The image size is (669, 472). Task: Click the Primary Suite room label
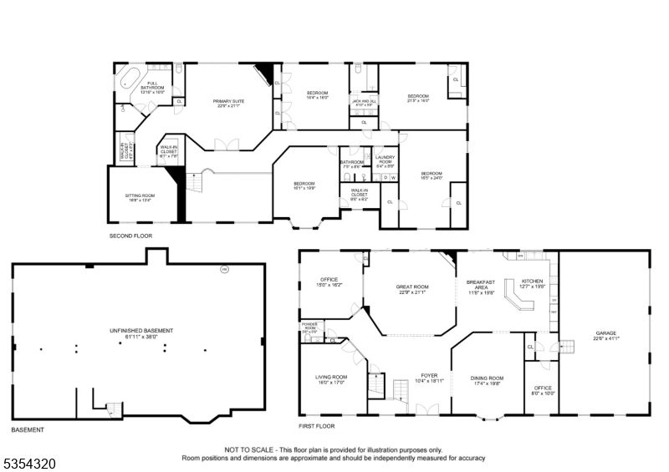tap(227, 103)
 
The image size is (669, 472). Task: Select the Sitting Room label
tap(140, 198)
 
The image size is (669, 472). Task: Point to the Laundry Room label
tap(385, 160)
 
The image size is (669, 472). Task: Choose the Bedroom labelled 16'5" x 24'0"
tap(432, 175)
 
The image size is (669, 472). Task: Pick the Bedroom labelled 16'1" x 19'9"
tap(304, 185)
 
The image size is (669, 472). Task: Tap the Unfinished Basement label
tap(139, 332)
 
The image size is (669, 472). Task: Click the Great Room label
tap(411, 289)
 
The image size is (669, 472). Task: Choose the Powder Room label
tap(309, 326)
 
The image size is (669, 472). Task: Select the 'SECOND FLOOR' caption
tap(132, 236)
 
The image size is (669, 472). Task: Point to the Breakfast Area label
tap(480, 287)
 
